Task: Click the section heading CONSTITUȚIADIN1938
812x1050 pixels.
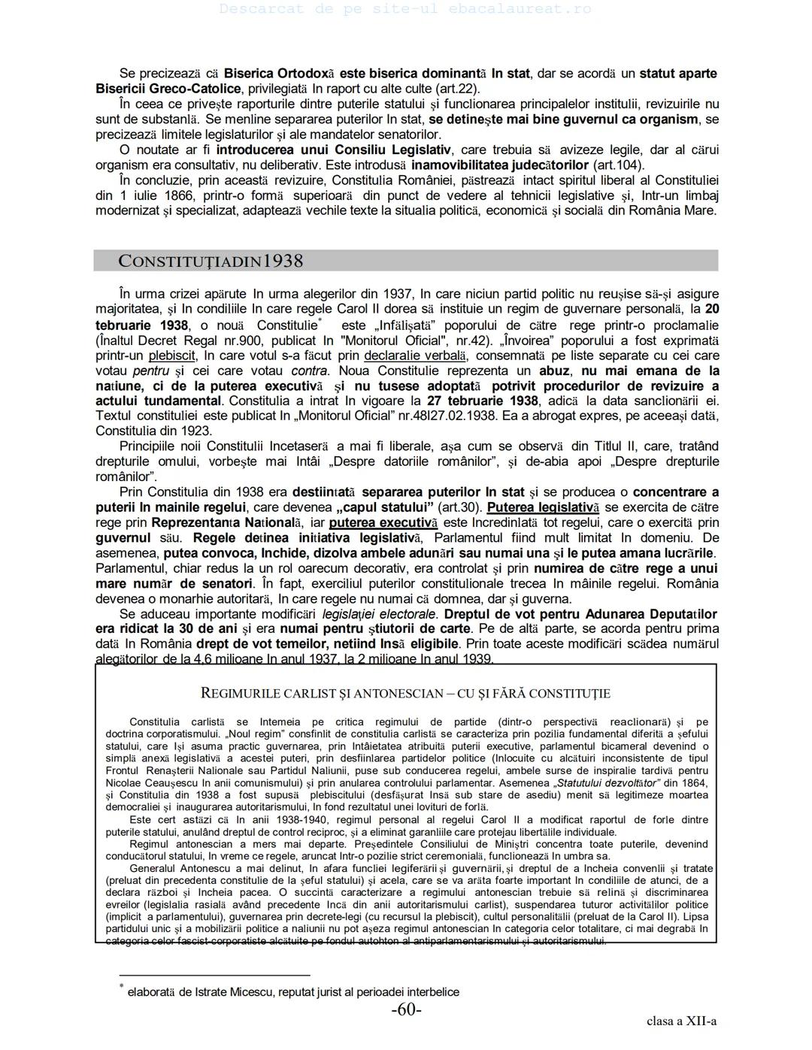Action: coord(211,261)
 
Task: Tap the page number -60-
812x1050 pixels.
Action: coord(406,1009)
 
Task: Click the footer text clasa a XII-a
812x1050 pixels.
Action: coord(681,1021)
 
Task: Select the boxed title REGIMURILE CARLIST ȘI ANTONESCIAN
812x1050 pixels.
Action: coord(405,693)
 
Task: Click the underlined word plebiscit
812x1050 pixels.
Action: coord(172,356)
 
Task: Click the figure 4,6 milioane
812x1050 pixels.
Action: coord(226,659)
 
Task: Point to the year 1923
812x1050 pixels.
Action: coord(197,431)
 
